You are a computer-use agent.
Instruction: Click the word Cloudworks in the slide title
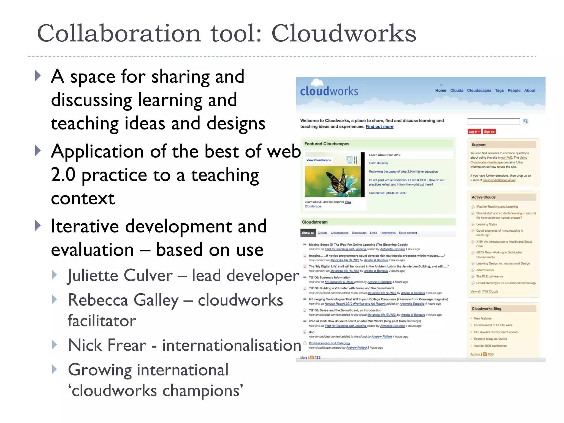coord(344,34)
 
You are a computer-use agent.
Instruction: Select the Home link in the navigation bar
coord(441,90)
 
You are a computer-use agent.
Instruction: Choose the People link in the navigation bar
coord(514,90)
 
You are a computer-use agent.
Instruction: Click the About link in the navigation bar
coord(530,90)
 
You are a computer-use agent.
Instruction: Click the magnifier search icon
coord(525,121)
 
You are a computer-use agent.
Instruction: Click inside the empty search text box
coord(493,121)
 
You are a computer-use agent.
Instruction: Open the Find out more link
coord(379,127)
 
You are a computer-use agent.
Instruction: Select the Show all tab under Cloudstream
coord(308,233)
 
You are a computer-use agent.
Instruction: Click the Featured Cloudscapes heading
coord(327,144)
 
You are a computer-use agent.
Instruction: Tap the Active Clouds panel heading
coord(483,197)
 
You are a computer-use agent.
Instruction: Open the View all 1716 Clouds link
coord(484,292)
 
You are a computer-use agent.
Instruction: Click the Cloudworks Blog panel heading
coord(486,309)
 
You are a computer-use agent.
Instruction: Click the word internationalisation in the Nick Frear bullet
coord(231,345)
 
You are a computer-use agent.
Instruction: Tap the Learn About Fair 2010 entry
coord(384,155)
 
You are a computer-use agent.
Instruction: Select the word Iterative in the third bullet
coord(85,226)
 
